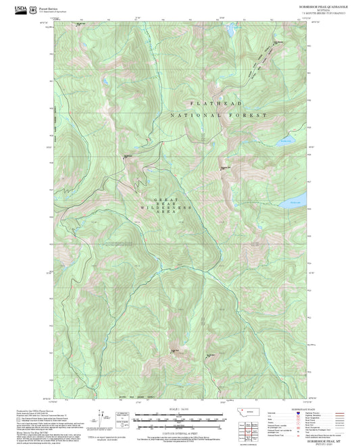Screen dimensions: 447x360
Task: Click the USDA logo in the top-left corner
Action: [x=23, y=9]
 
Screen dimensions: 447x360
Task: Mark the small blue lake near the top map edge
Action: [x=230, y=31]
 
